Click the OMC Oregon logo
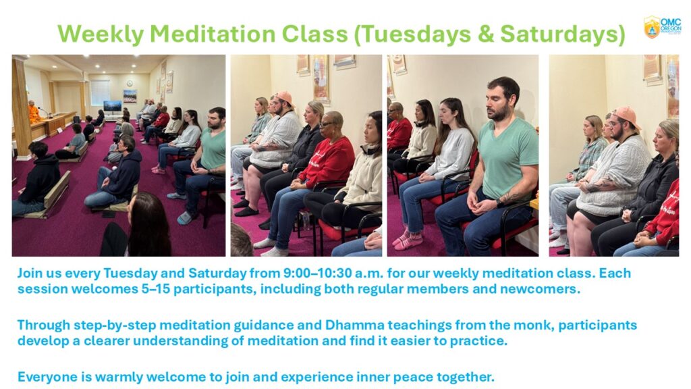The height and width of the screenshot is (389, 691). pyautogui.click(x=663, y=27)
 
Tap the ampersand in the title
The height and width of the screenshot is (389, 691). pyautogui.click(x=486, y=34)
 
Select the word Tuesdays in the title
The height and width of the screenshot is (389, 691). pyautogui.click(x=412, y=34)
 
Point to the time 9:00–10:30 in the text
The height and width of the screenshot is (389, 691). pyautogui.click(x=317, y=273)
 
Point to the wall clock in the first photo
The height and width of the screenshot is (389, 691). pyautogui.click(x=130, y=83)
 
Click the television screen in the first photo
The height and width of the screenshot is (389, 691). pyautogui.click(x=113, y=106)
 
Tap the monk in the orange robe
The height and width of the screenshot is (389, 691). pyautogui.click(x=34, y=112)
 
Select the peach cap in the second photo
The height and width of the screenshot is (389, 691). pyautogui.click(x=284, y=98)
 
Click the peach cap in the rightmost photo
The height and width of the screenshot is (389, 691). pyautogui.click(x=626, y=116)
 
